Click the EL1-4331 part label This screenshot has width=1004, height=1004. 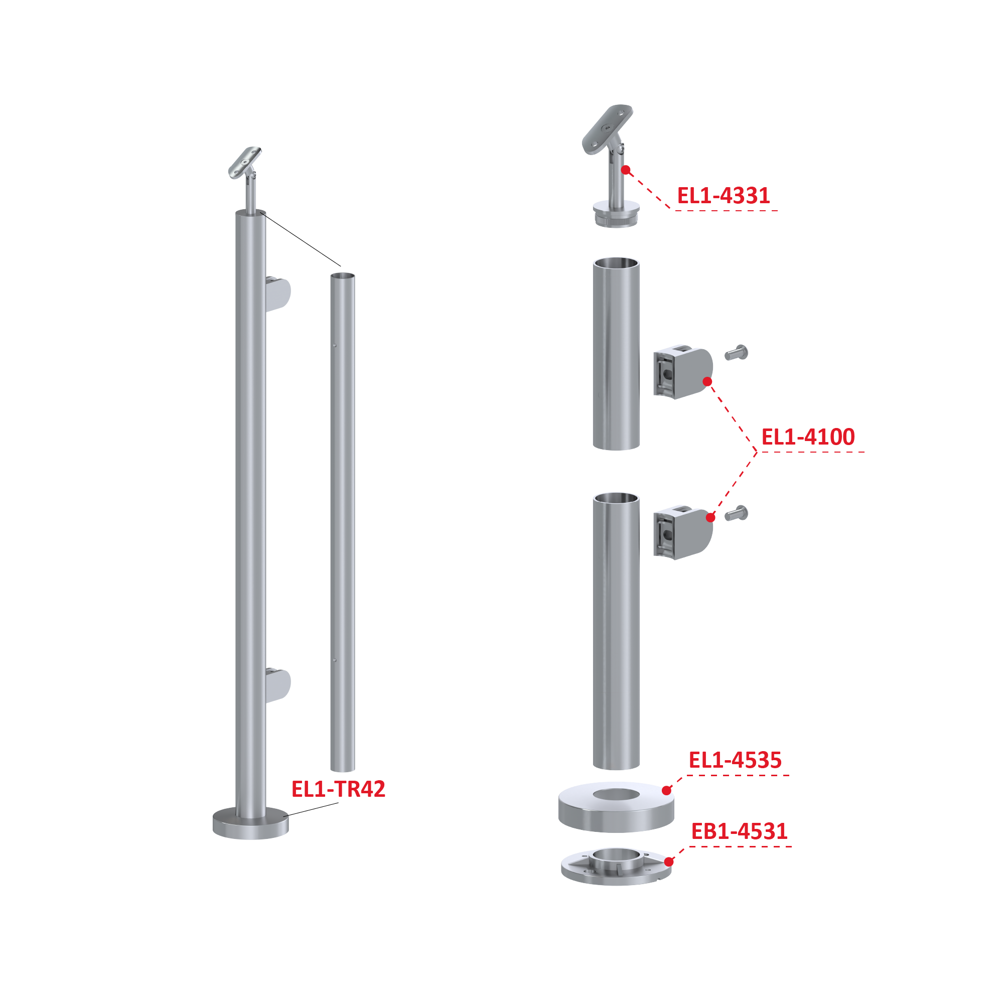723,195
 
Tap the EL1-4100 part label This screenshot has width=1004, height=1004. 808,437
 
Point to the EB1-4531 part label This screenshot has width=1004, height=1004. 739,831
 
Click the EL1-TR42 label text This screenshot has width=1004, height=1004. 338,789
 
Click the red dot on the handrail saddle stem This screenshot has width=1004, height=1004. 626,170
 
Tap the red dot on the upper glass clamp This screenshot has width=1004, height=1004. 707,382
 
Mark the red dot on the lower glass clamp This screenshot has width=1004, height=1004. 711,517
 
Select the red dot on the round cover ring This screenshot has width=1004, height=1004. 667,790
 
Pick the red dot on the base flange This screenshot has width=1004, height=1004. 669,862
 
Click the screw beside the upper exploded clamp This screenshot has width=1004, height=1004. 737,352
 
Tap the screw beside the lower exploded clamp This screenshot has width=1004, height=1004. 737,513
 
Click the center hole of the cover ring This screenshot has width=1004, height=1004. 616,794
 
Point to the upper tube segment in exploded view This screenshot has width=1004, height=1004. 616,353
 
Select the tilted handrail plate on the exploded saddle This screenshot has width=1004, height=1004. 607,129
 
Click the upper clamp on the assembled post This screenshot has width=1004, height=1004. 278,294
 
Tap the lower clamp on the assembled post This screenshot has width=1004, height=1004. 278,686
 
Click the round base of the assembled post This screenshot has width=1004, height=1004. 250,824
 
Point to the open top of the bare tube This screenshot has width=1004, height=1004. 343,276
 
